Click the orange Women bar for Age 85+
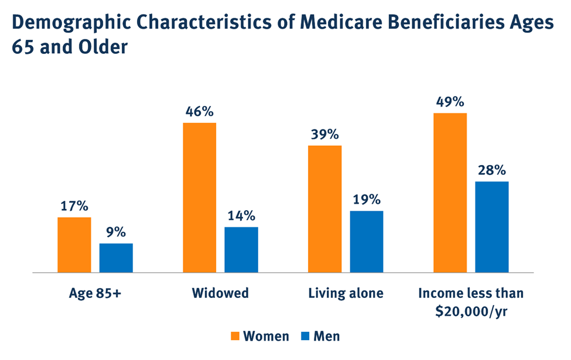74,245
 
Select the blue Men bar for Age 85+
116,258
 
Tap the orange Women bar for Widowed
200,197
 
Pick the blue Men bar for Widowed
241,250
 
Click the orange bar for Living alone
325,209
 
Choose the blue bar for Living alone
367,242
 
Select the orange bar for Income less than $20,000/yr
450,193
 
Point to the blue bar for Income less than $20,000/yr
492,227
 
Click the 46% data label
200,111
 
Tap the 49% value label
450,101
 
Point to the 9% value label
116,232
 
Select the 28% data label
492,170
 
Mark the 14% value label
241,215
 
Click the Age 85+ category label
95,293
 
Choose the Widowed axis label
220,293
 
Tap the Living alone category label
346,293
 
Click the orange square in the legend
235,336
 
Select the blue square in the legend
305,336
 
